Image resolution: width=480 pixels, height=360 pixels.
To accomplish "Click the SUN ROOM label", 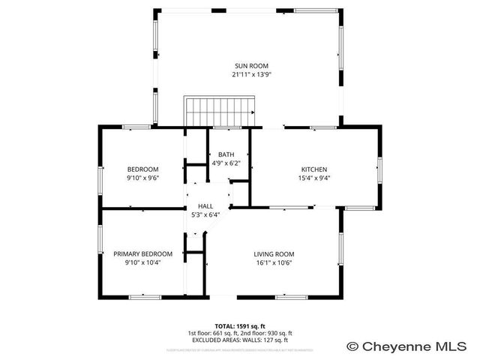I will pos(250,66).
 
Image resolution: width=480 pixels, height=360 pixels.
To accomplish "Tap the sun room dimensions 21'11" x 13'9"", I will pos(250,75).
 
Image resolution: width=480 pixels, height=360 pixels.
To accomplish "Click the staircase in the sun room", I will pos(221,112).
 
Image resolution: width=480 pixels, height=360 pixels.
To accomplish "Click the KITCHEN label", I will pos(314,169).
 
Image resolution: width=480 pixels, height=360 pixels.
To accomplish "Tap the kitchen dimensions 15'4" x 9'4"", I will pos(314,178).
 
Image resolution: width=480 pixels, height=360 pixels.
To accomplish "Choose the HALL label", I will pos(205,206).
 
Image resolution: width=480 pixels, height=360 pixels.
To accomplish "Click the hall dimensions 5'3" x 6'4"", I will pos(205,215).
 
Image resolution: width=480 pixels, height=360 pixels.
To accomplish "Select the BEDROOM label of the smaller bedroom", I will pos(142,169).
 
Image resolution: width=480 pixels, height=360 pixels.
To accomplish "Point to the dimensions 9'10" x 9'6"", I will pos(142,178).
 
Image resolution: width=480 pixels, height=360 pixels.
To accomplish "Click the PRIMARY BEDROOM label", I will pos(142,253).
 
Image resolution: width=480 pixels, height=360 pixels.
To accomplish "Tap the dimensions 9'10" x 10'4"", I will pos(142,262).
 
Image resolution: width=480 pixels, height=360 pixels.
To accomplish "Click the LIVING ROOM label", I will pos(274,253).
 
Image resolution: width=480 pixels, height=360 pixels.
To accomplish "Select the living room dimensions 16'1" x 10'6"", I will pos(274,262).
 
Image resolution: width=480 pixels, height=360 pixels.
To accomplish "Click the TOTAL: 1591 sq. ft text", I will pos(239,325).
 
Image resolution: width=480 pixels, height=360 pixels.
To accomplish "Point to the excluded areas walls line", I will pos(239,340).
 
